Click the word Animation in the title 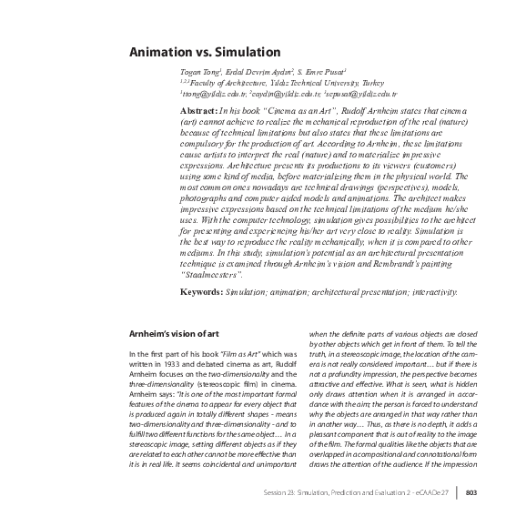tap(157, 53)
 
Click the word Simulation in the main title tap(241, 53)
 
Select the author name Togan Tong tap(200, 71)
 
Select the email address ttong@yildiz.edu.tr tap(214, 94)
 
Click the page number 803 tap(471, 492)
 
